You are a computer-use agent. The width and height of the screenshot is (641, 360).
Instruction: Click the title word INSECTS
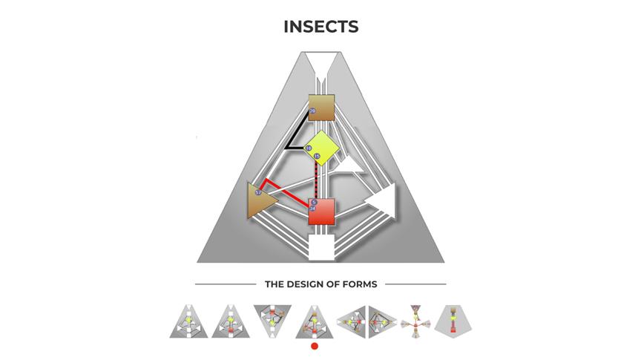320,27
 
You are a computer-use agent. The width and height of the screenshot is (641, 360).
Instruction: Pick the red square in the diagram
322,212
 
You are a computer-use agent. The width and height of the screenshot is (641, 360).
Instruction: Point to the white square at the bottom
321,247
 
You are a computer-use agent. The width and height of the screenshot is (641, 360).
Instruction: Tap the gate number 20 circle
312,111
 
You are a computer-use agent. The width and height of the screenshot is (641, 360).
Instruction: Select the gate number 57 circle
258,193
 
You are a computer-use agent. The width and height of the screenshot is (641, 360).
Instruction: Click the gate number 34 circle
313,209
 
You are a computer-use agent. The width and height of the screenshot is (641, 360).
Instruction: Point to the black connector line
294,134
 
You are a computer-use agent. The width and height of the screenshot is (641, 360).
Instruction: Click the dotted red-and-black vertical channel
318,178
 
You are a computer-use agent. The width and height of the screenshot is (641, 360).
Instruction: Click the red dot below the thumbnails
315,346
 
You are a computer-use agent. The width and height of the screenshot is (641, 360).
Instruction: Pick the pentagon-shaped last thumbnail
456,320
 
